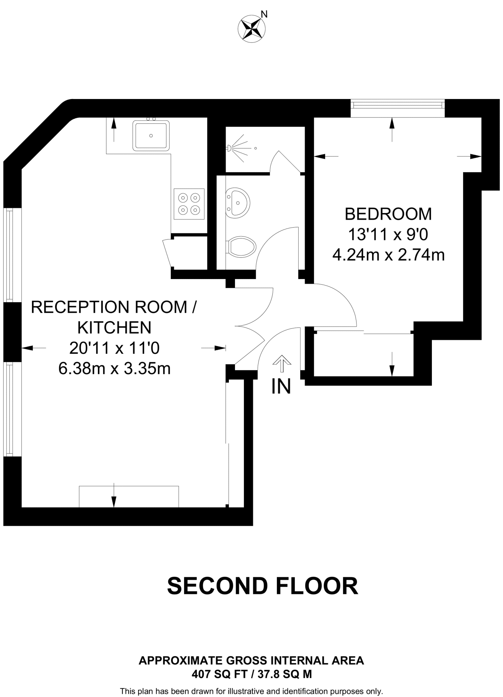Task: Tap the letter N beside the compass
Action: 264,14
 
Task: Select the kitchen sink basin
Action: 151,135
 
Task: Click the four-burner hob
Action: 189,204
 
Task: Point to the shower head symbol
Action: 230,148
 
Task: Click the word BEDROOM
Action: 388,214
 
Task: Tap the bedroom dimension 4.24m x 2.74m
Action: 388,255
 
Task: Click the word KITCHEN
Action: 114,328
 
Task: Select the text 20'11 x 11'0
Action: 114,348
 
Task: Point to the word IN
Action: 281,387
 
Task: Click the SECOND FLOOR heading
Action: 263,586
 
